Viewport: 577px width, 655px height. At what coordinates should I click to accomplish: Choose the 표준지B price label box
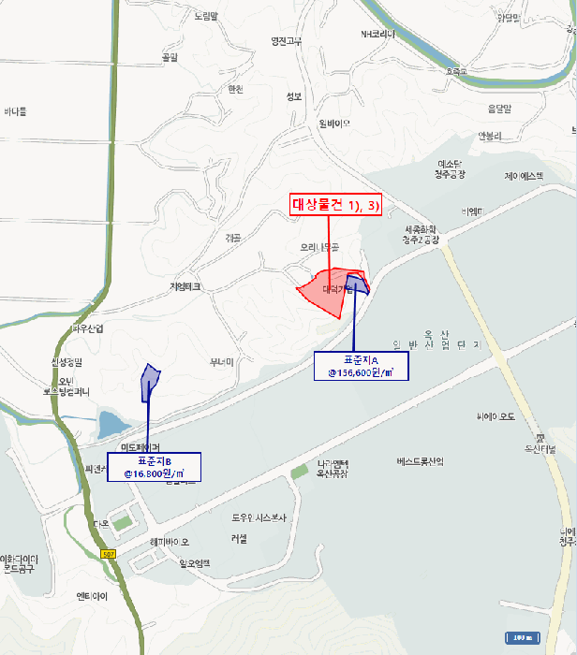coord(154,467)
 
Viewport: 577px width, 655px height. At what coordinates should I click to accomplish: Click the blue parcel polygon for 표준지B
coord(150,382)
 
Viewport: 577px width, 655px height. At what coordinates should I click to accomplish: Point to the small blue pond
coord(108,422)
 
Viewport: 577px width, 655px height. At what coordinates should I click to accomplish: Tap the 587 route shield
coord(110,554)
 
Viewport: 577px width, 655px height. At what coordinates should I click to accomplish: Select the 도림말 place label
coord(206,17)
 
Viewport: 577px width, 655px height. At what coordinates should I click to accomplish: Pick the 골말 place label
coord(170,58)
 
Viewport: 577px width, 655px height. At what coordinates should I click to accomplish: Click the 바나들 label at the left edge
coord(16,111)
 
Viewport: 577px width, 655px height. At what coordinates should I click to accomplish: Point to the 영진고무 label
coord(286,41)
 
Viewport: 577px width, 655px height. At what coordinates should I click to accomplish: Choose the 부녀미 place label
coord(221,361)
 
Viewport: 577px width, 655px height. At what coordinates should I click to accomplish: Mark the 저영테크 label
coord(185,287)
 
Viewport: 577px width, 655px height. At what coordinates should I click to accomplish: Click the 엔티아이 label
coord(94,595)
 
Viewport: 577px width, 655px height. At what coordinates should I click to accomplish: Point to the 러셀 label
coord(239,538)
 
